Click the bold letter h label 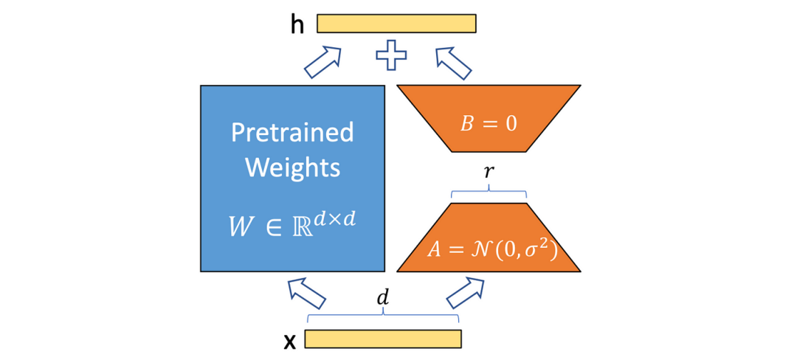coord(297,24)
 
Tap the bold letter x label coord(290,340)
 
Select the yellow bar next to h coord(396,24)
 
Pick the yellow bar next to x coord(382,339)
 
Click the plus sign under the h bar coord(392,56)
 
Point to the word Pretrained coord(292,133)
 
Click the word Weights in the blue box coord(292,167)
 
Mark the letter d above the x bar coord(382,299)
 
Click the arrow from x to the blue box coord(307,292)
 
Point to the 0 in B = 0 coord(511,123)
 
